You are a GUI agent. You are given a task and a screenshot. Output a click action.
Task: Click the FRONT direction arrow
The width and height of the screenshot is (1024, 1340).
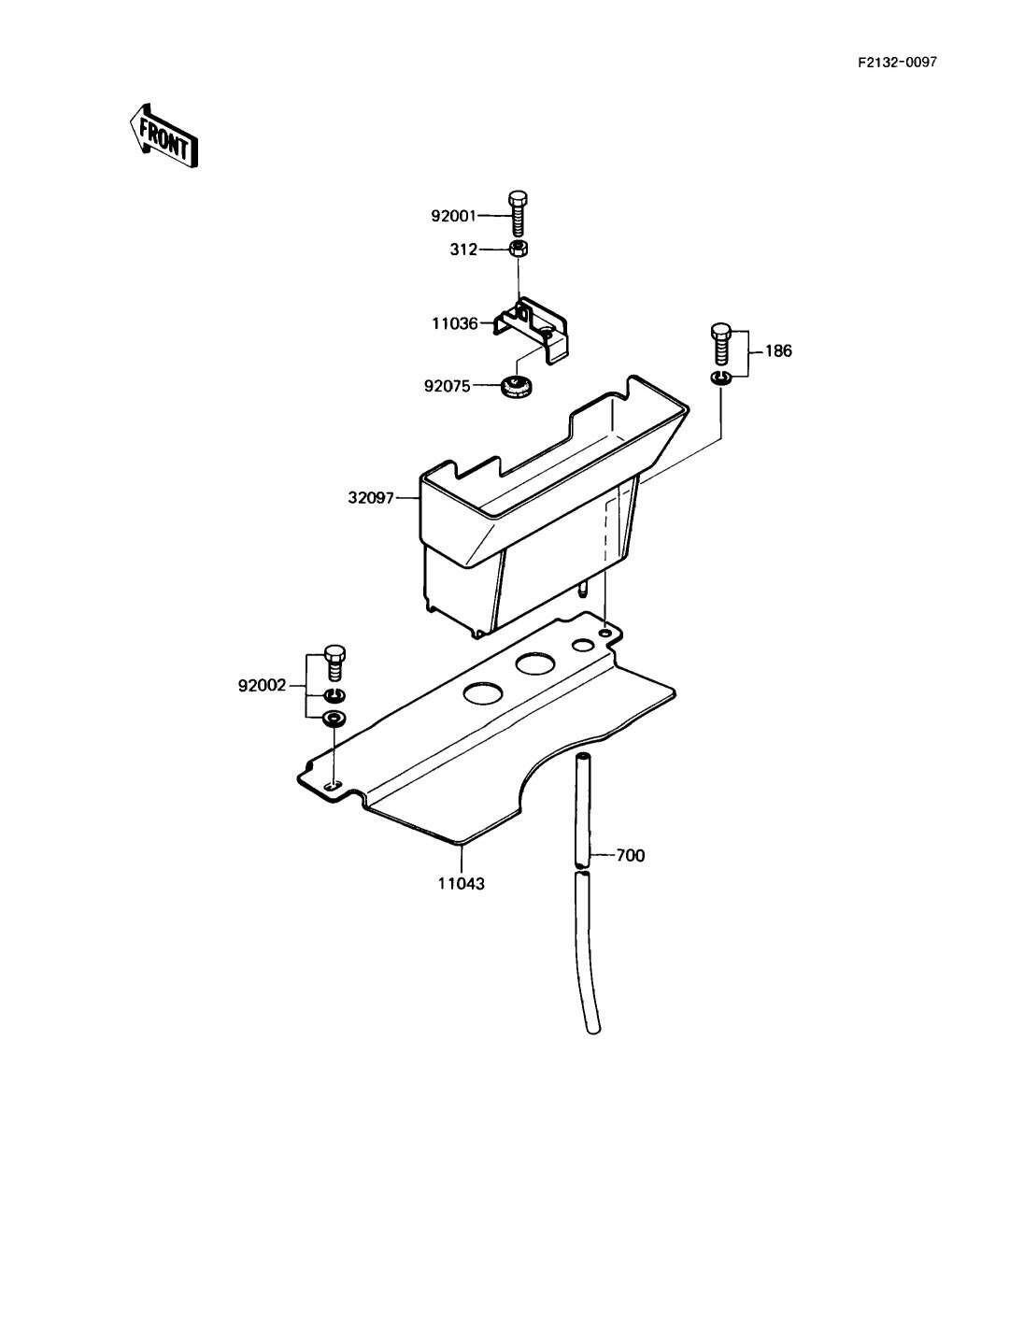[x=164, y=135]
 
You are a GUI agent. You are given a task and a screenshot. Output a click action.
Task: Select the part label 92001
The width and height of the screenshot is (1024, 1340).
[x=453, y=216]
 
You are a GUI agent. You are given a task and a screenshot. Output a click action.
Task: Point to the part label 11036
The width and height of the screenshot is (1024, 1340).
[x=454, y=323]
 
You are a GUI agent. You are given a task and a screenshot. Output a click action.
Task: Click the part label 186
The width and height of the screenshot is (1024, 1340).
[x=777, y=351]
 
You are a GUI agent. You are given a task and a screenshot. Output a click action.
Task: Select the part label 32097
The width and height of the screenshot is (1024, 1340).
[x=372, y=499]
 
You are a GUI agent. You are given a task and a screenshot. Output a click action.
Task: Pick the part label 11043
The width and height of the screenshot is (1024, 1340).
[x=462, y=883]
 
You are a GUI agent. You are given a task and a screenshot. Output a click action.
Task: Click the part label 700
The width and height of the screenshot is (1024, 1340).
[x=630, y=855]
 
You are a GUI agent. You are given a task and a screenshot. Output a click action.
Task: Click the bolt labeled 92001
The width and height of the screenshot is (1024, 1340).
[x=518, y=214]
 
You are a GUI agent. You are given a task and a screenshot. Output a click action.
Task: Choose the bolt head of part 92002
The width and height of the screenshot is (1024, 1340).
[x=334, y=655]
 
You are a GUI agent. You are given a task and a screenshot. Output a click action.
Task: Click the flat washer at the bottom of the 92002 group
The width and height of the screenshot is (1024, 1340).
[x=334, y=718]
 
